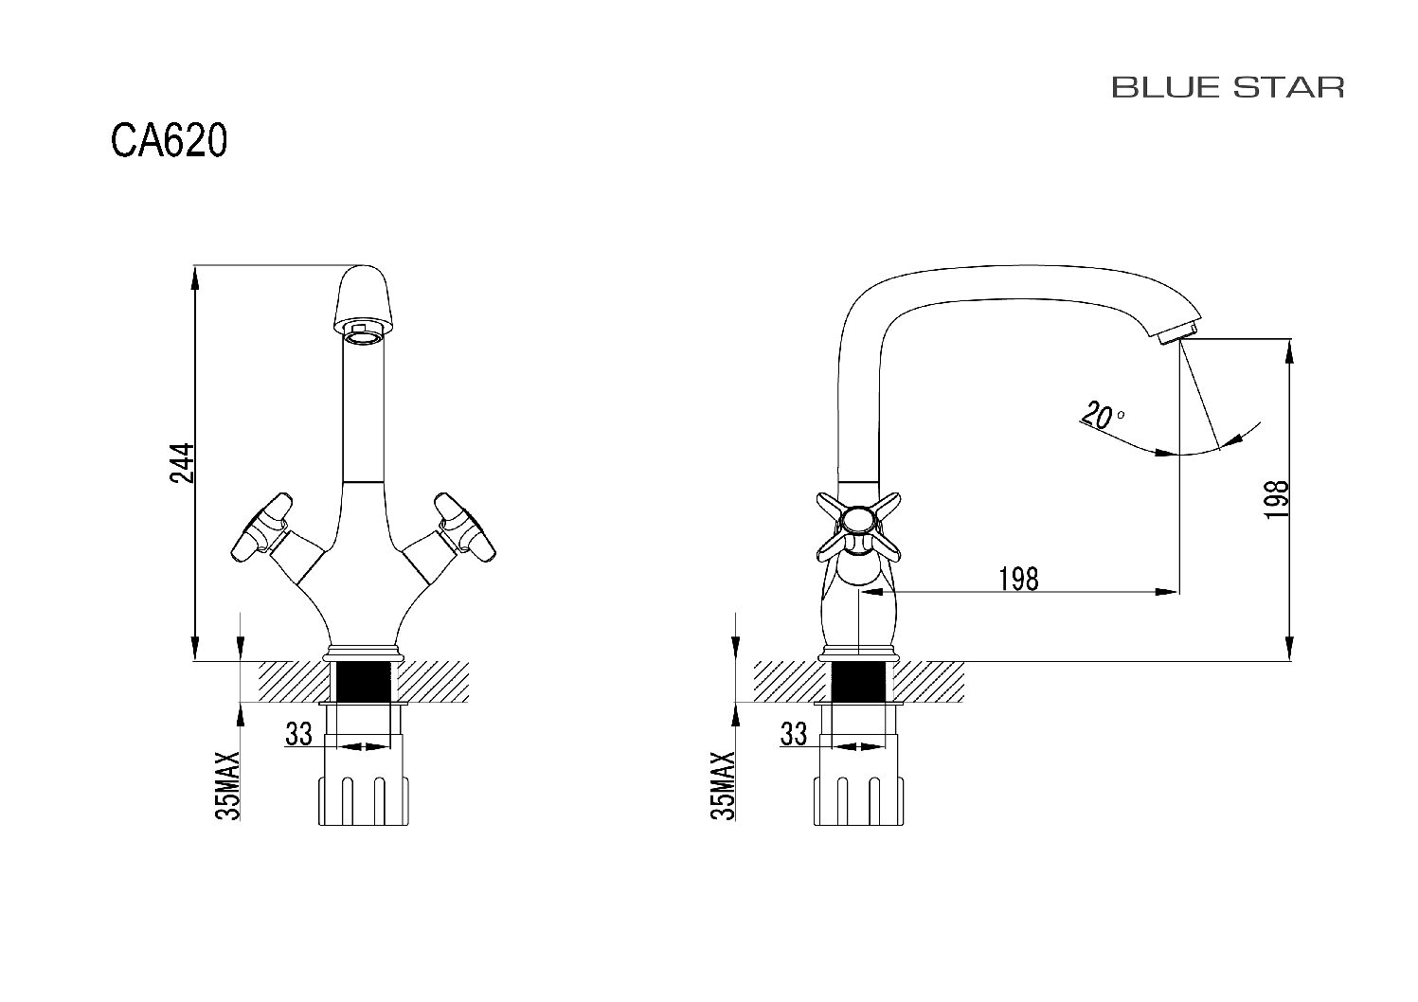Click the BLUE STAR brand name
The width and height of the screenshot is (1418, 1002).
1228,87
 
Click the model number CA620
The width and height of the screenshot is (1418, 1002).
169,140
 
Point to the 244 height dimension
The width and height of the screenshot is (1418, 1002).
182,463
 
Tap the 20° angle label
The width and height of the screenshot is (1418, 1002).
1103,415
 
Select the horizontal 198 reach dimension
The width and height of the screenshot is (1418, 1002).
1018,579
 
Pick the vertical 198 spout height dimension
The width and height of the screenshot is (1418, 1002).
1276,499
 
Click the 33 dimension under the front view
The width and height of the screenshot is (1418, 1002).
298,734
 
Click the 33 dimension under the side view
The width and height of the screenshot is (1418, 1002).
794,734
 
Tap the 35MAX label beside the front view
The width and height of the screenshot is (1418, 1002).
228,785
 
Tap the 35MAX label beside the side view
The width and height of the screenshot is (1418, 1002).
723,785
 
